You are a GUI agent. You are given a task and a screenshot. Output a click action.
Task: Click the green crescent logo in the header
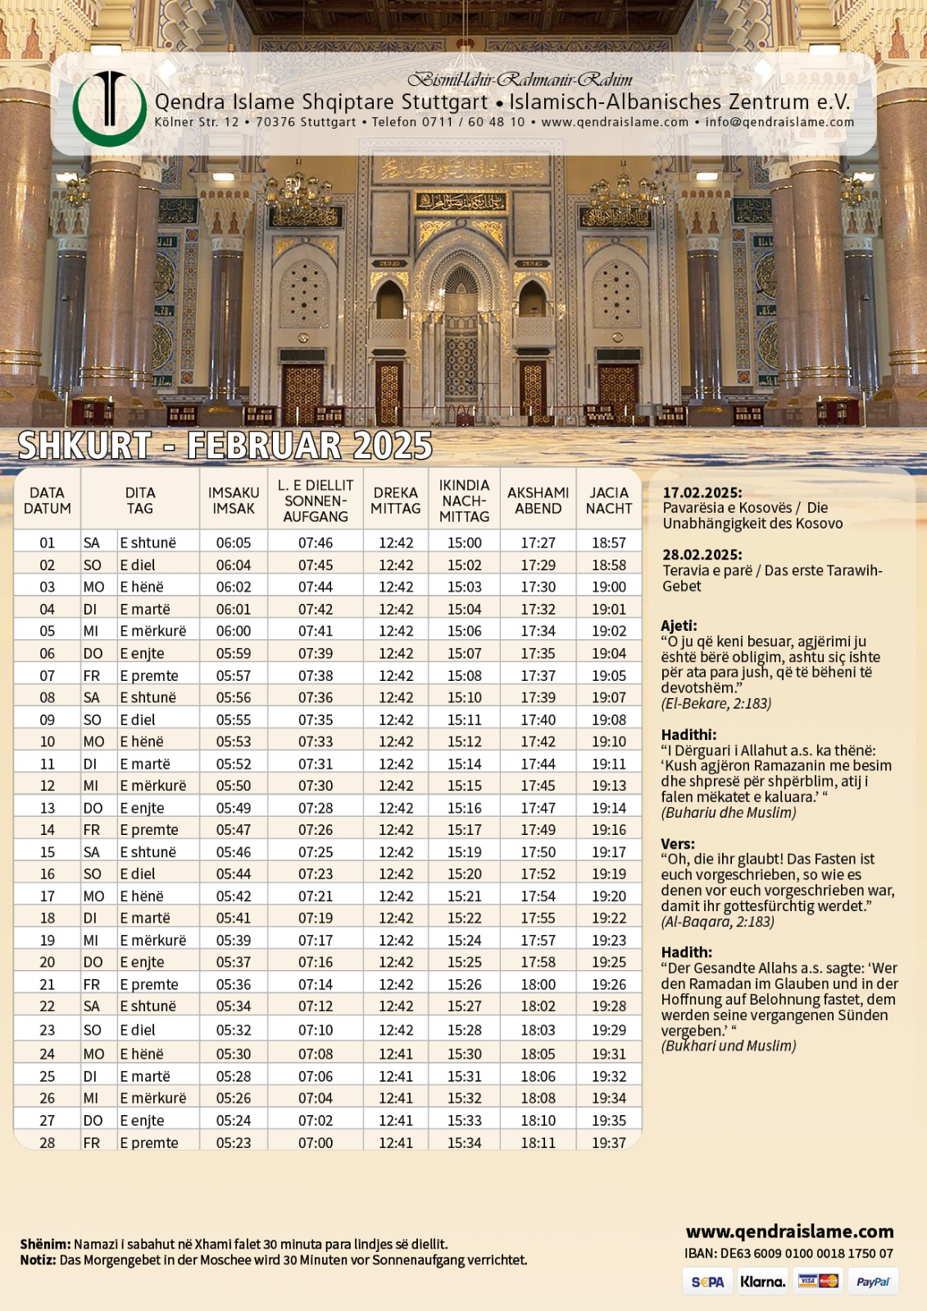109,109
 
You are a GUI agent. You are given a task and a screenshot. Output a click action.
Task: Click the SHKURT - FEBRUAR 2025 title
225,446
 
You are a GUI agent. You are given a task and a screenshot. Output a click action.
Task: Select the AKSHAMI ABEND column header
538,501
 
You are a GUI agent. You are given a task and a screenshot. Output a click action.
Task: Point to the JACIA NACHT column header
609,501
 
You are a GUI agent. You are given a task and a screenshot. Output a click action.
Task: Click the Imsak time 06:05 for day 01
234,543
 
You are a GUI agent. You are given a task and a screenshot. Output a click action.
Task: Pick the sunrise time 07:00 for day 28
316,1143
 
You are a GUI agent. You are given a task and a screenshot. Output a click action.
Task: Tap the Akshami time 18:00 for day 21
538,985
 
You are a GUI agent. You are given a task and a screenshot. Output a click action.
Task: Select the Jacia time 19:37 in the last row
609,1143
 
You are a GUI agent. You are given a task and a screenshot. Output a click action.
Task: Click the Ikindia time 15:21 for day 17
465,896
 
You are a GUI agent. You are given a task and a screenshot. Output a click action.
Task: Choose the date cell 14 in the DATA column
48,830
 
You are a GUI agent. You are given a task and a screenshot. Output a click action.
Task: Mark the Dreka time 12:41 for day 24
396,1055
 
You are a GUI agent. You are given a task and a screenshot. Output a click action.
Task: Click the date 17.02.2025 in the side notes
702,492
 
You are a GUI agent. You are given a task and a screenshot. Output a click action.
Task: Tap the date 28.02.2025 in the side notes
702,555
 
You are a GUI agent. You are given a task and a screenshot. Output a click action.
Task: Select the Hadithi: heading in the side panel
688,735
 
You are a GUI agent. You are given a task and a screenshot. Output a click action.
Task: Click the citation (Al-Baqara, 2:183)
717,922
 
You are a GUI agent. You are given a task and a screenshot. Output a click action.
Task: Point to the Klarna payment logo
762,1282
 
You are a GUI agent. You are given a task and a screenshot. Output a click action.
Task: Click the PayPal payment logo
873,1282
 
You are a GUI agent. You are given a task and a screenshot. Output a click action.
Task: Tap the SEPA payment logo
707,1282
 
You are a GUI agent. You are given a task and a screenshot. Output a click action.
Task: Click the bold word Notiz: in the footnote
38,1260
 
